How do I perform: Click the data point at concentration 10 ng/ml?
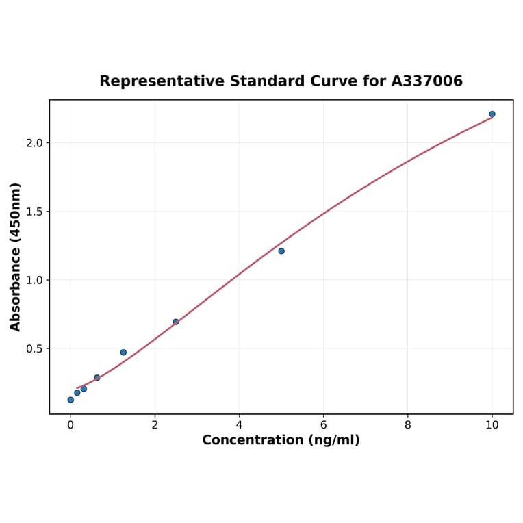tap(492, 114)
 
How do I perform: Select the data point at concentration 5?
tap(281, 251)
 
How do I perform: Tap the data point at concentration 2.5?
tap(176, 322)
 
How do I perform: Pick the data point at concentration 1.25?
tap(123, 353)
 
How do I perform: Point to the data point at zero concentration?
tap(71, 400)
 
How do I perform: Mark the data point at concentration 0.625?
tap(97, 378)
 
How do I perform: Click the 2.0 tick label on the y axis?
tap(34, 143)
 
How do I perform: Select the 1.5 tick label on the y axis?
tap(34, 212)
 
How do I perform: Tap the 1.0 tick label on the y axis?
tap(34, 280)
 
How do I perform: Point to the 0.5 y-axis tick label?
tap(34, 348)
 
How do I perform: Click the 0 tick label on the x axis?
tap(71, 424)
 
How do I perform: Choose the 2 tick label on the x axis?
tap(155, 424)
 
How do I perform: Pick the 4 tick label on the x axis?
tap(239, 424)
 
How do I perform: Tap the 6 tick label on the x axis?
tap(323, 424)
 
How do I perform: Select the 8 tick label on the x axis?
tap(408, 424)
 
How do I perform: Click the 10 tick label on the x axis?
tap(492, 424)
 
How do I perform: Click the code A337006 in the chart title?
tap(427, 81)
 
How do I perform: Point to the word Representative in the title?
tap(152, 81)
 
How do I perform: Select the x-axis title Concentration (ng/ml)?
tap(281, 440)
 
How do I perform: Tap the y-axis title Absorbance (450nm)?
tap(16, 257)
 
